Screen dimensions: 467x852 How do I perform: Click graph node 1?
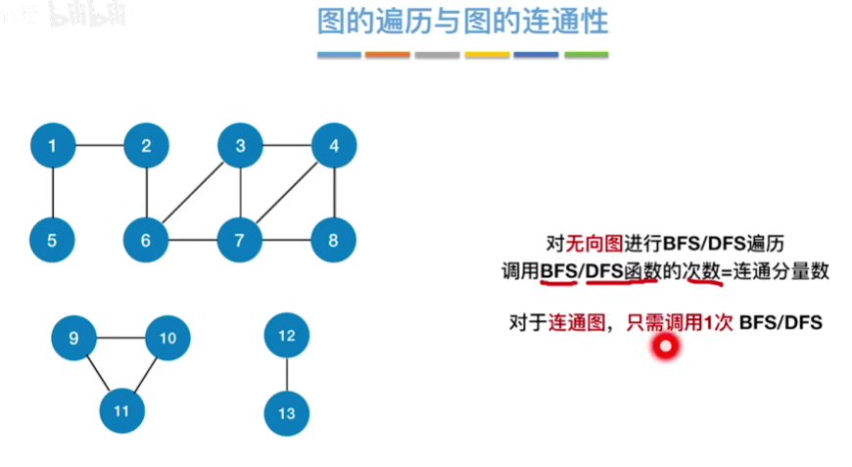click(x=53, y=147)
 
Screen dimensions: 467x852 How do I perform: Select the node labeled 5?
click(x=53, y=238)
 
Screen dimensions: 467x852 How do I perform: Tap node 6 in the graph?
click(x=146, y=238)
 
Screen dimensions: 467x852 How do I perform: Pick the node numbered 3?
click(x=240, y=147)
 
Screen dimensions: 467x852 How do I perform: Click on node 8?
click(x=334, y=238)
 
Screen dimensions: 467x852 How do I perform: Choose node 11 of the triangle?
click(x=121, y=411)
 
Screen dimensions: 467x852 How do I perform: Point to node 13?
click(x=287, y=413)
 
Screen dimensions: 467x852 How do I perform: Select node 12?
click(x=287, y=336)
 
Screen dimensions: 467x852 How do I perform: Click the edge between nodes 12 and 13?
click(x=287, y=375)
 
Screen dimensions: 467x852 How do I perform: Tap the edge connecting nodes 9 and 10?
click(x=120, y=338)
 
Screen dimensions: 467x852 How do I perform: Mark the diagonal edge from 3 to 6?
click(x=193, y=193)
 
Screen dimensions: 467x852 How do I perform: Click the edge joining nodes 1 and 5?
click(x=53, y=193)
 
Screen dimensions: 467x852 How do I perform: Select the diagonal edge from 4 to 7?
click(x=287, y=193)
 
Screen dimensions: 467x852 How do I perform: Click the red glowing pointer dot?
click(x=666, y=346)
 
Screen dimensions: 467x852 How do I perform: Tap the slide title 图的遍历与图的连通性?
click(x=462, y=22)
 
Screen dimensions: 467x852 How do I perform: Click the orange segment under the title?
click(x=388, y=55)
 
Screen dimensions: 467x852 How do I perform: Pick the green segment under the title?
click(x=586, y=55)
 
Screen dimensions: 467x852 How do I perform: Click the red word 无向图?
click(x=588, y=243)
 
